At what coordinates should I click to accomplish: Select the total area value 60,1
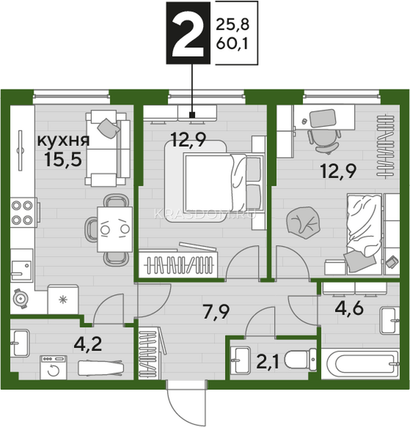(x=232, y=44)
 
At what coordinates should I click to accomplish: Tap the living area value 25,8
(x=233, y=25)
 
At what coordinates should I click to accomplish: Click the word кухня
(x=64, y=141)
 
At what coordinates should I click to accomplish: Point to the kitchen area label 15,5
(x=63, y=160)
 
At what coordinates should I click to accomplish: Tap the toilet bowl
(x=300, y=360)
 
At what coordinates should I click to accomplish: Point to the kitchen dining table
(x=115, y=229)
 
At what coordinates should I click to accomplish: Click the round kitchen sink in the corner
(x=21, y=299)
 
